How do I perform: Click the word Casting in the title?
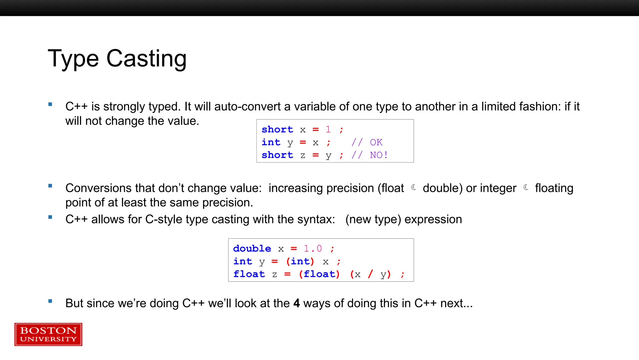tap(146, 59)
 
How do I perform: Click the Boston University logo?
tap(48, 334)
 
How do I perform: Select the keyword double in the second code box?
tap(252, 248)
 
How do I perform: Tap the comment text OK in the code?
tap(376, 142)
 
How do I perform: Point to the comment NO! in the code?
tap(379, 155)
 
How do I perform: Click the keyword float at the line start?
tap(249, 274)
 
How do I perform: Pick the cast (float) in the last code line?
tap(319, 274)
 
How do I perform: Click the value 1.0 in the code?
tap(313, 248)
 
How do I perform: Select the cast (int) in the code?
tap(300, 261)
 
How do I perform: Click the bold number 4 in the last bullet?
tap(296, 303)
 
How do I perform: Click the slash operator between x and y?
tap(370, 274)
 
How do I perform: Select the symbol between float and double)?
tap(414, 187)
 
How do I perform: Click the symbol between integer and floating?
tap(526, 187)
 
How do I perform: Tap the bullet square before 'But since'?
tap(50, 301)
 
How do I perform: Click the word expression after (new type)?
tap(433, 219)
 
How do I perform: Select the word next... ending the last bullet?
tap(456, 303)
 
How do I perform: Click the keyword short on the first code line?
tap(277, 129)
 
